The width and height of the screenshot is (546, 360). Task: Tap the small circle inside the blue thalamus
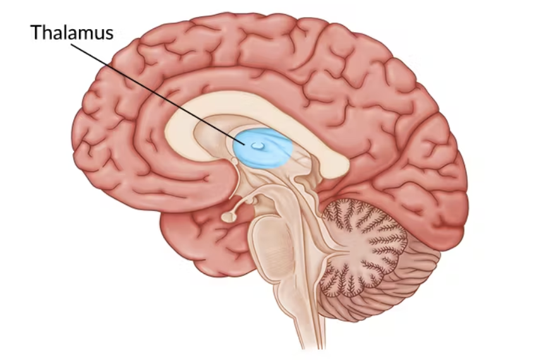(257, 145)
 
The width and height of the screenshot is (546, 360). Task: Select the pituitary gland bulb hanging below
(228, 217)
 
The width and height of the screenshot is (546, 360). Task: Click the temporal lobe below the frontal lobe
(202, 246)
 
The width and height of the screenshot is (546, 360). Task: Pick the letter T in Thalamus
(36, 33)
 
